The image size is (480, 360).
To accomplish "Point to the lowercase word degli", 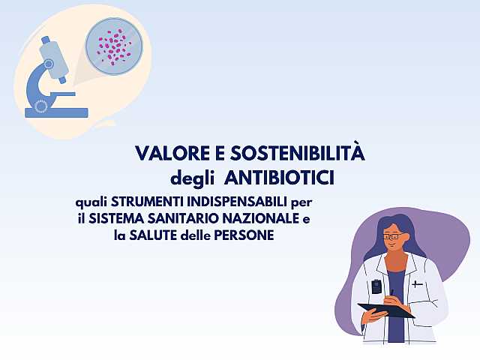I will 193,179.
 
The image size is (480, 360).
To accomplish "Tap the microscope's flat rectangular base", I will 56,113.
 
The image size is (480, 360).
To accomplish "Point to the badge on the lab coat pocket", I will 376,286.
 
